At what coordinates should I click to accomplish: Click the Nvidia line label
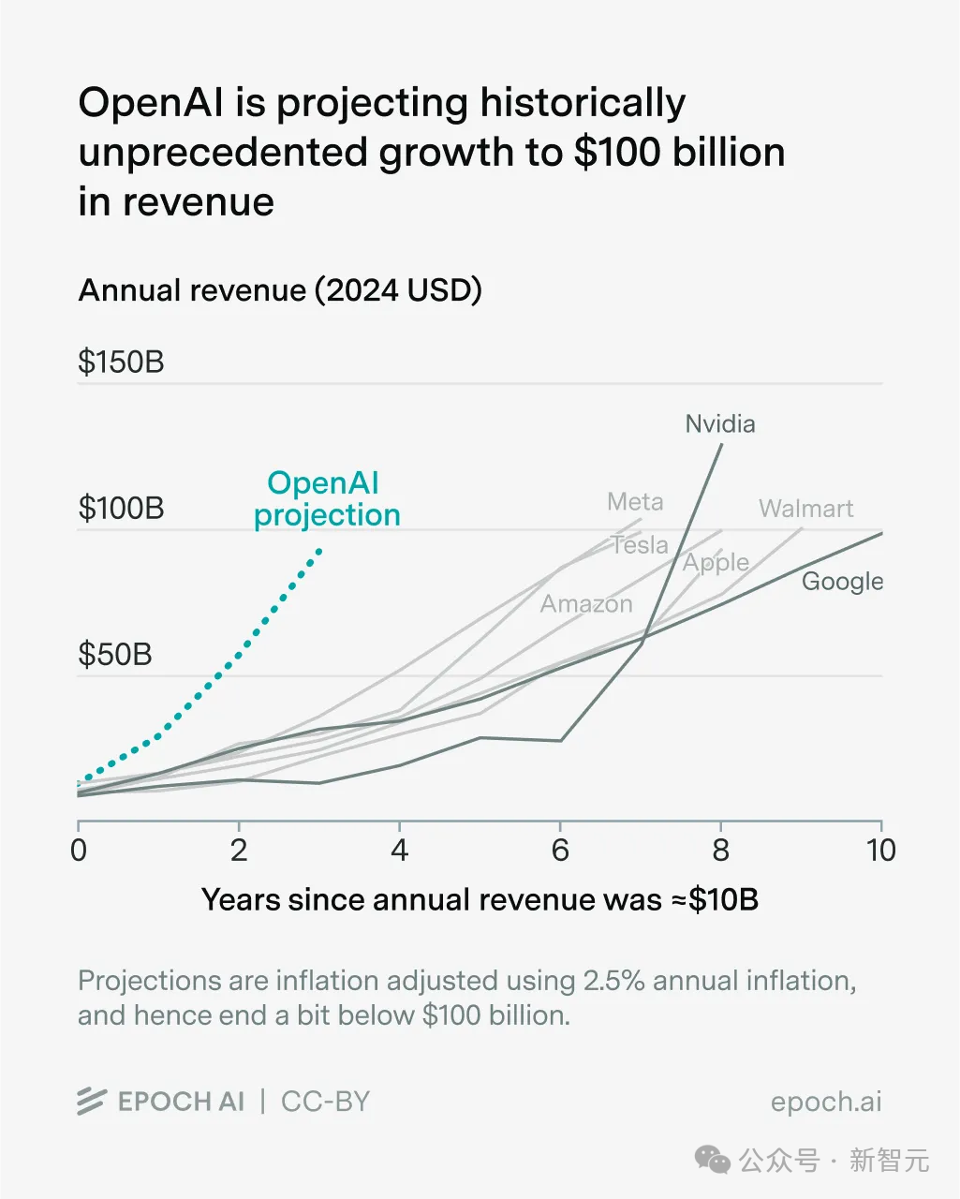click(719, 424)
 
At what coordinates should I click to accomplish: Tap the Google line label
click(842, 582)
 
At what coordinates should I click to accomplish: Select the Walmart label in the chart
click(805, 509)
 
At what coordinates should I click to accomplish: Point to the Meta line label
click(635, 502)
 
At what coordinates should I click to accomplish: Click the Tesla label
click(640, 545)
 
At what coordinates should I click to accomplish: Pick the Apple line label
click(716, 562)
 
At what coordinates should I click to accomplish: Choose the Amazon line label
click(586, 604)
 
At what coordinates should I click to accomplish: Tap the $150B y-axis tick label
click(121, 363)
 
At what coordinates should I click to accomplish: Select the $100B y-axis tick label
click(121, 509)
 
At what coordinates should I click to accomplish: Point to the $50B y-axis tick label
click(114, 655)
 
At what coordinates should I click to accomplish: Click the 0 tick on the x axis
click(79, 851)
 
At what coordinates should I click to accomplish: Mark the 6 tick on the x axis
click(560, 851)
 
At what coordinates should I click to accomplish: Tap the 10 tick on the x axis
click(880, 851)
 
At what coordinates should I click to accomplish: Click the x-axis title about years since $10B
click(480, 900)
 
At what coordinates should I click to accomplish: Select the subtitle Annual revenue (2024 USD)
click(280, 290)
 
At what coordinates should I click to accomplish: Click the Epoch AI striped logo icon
click(91, 1102)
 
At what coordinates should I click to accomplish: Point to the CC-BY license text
click(325, 1102)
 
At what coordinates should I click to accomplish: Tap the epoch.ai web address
click(826, 1102)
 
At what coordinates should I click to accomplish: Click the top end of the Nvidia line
click(721, 444)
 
